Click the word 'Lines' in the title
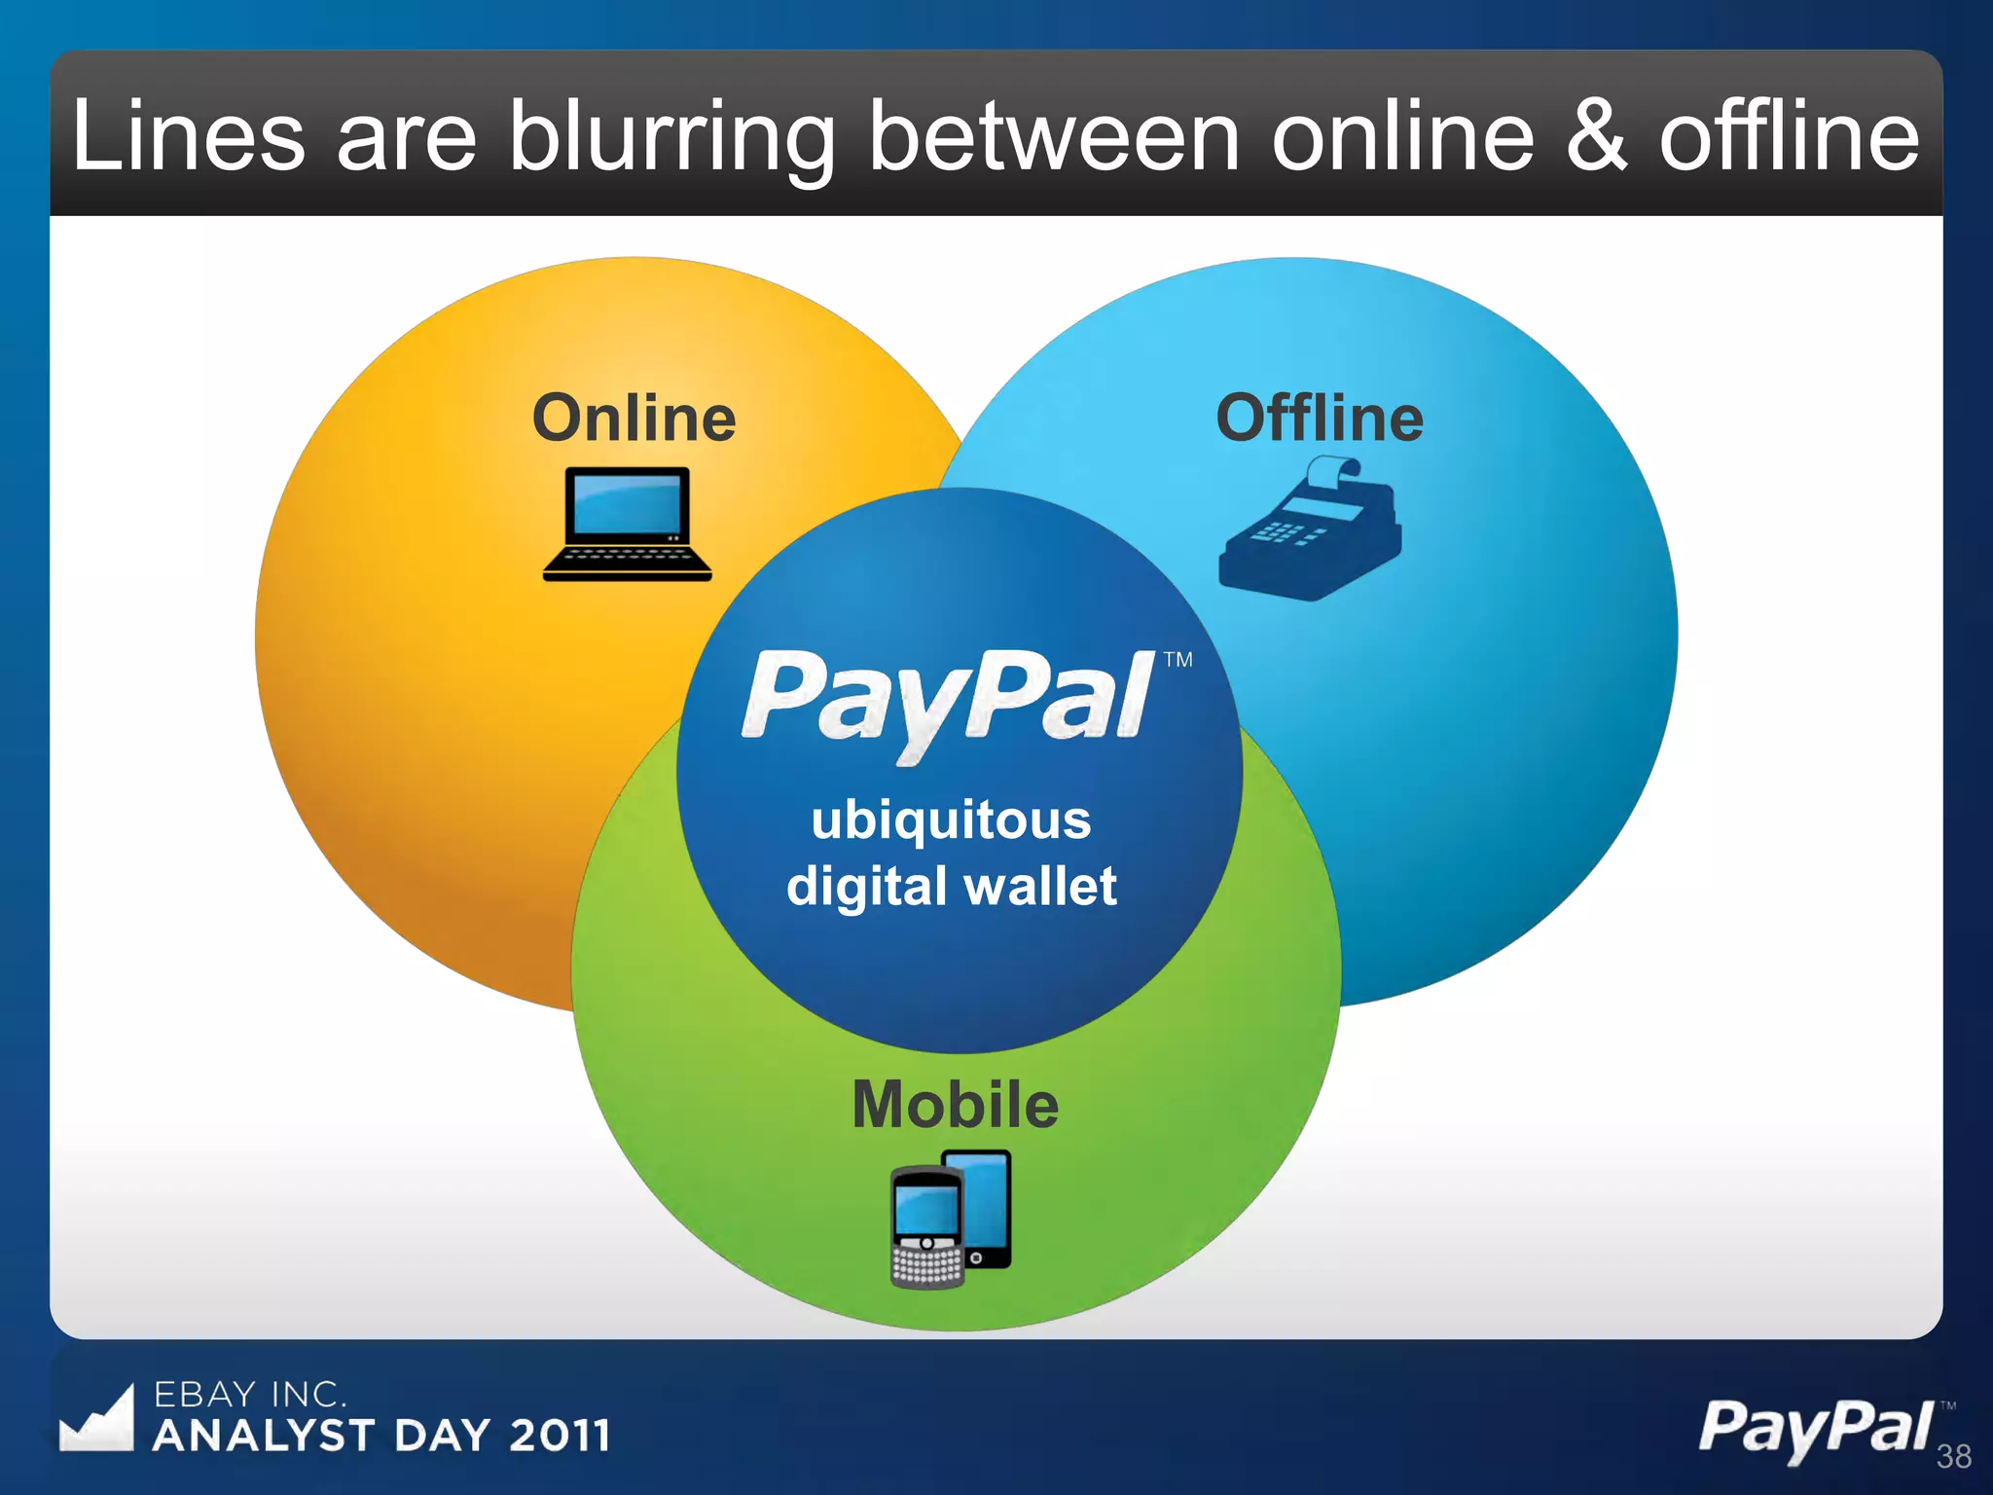pos(188,137)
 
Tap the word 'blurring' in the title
pos(671,137)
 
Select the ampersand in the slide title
pos(1596,137)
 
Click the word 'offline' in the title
pos(1789,137)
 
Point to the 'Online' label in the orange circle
pos(634,419)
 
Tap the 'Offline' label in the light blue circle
pos(1320,419)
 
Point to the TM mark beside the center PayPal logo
pos(1178,660)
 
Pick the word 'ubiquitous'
pos(951,820)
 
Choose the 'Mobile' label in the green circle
pos(955,1105)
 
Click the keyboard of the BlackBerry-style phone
pos(926,1266)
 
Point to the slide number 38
pos(1953,1456)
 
